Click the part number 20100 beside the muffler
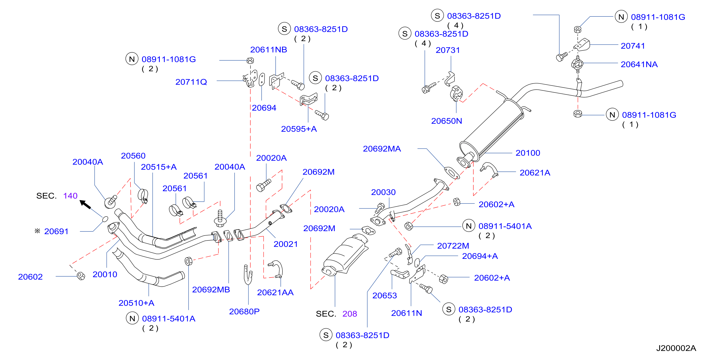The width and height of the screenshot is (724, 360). tap(528, 153)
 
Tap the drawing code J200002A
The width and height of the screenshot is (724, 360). tap(676, 348)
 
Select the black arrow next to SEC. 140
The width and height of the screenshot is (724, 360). tap(85, 204)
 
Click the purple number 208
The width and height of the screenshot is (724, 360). tap(350, 314)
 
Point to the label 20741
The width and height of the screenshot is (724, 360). tap(633, 46)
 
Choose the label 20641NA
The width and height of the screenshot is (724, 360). tap(639, 64)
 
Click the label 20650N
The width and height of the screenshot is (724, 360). tap(447, 121)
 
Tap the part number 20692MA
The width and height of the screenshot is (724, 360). tap(382, 149)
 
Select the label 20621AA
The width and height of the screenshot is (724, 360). tap(275, 293)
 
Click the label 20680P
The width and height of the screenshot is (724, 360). tap(244, 312)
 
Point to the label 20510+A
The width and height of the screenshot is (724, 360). tap(136, 303)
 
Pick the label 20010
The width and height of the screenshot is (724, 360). tap(105, 275)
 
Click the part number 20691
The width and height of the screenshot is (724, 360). tap(56, 231)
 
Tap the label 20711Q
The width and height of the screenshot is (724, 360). tap(191, 82)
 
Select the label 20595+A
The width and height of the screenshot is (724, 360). tap(299, 129)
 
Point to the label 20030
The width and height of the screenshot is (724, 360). tap(383, 192)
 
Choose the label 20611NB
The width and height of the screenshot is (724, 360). tap(268, 50)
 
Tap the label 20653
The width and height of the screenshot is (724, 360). tap(385, 296)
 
